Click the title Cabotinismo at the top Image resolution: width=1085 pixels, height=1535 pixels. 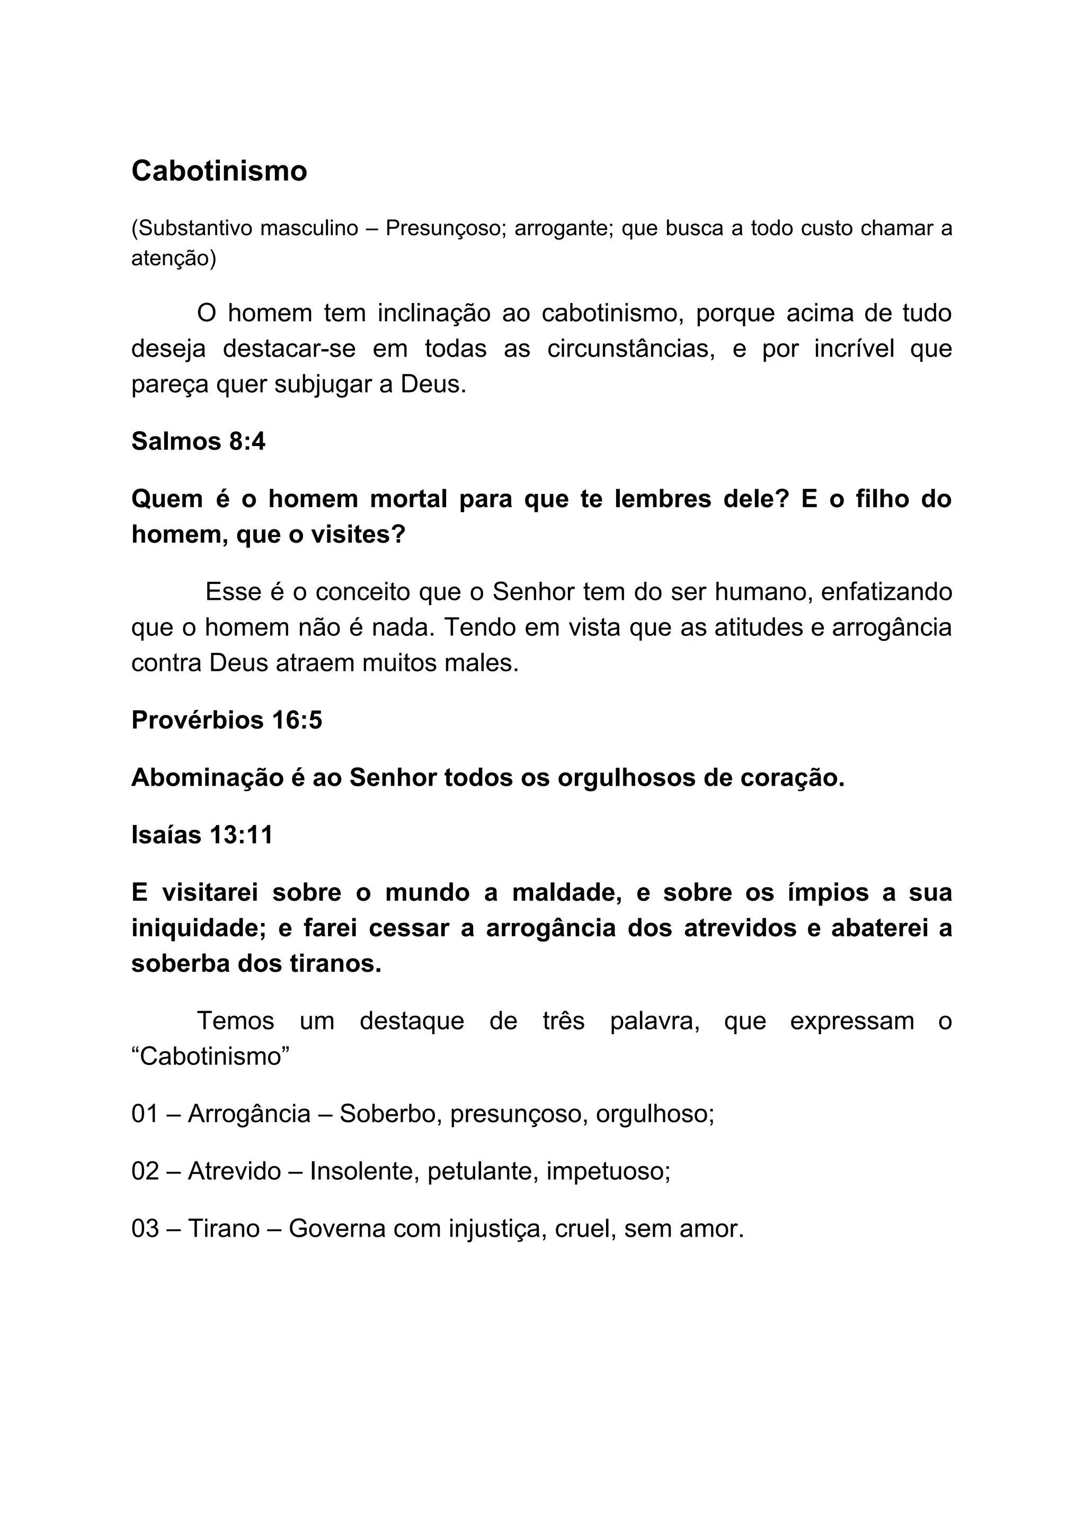(x=219, y=171)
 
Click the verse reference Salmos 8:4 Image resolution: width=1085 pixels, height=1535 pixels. (x=198, y=442)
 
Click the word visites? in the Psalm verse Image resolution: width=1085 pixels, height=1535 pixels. (x=358, y=534)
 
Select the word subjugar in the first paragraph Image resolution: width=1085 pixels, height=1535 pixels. (x=324, y=385)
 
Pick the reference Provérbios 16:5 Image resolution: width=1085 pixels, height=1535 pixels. (x=227, y=720)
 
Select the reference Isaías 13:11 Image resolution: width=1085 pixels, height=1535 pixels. (x=202, y=835)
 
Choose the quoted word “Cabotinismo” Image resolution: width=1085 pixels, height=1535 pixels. (x=210, y=1057)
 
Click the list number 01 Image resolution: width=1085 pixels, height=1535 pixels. (x=145, y=1114)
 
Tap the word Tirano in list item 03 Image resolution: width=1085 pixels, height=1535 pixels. (x=223, y=1229)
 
